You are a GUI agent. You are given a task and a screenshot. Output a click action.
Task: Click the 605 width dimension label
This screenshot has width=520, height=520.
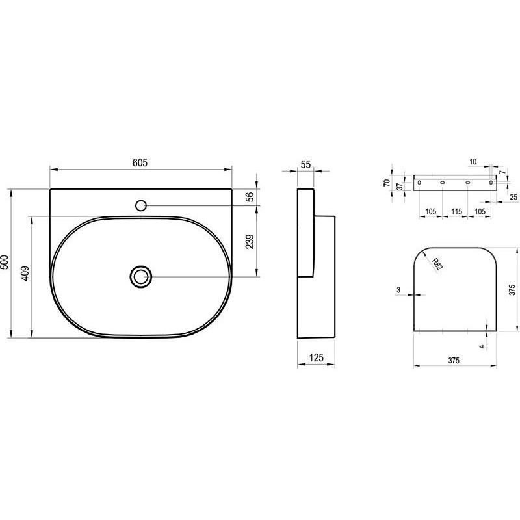(x=140, y=163)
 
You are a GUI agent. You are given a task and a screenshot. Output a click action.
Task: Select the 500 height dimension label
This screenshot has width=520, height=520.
(x=5, y=263)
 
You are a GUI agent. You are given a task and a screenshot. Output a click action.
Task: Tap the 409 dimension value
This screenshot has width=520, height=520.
(x=25, y=274)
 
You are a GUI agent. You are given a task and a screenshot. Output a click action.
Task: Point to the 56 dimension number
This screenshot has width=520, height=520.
(x=250, y=197)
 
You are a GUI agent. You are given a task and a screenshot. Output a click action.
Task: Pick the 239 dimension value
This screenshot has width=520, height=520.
(x=250, y=241)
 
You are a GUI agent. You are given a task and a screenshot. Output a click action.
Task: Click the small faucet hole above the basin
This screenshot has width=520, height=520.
(x=141, y=205)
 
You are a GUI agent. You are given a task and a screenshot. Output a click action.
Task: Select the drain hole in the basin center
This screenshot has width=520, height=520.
(x=141, y=276)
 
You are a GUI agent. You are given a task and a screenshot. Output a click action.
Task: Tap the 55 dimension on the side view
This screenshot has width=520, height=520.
(x=305, y=164)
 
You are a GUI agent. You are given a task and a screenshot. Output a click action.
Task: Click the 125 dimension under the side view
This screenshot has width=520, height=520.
(x=317, y=357)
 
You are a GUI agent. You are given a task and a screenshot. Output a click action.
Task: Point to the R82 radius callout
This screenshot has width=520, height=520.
(x=437, y=265)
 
